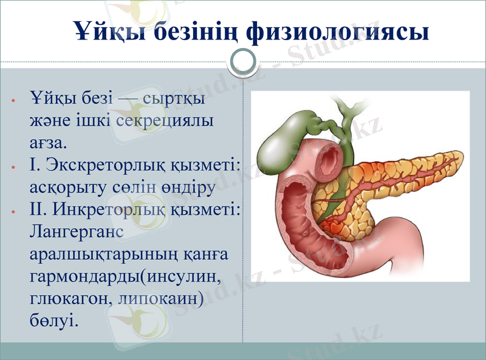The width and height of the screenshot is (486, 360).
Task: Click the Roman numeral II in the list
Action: pyautogui.click(x=37, y=209)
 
